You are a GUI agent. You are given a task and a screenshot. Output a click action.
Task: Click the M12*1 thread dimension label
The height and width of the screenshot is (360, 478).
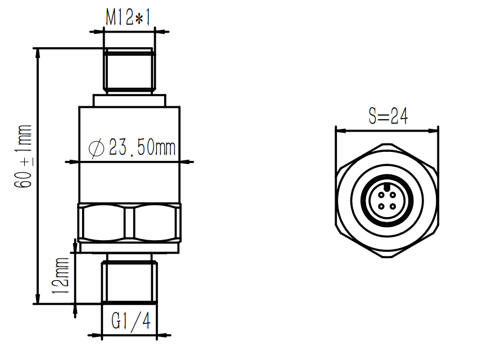(x=129, y=19)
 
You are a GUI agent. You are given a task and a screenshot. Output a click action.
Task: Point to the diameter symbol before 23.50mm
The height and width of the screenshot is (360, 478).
(x=97, y=148)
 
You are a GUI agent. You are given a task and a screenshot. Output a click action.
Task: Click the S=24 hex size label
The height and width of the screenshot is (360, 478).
(x=388, y=116)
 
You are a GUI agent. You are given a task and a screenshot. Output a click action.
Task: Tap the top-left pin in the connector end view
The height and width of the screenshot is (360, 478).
(x=381, y=196)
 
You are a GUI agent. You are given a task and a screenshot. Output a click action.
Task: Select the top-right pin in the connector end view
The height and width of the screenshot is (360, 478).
(x=393, y=196)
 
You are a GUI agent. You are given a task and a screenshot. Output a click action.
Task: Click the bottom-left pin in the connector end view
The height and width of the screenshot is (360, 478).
(x=381, y=207)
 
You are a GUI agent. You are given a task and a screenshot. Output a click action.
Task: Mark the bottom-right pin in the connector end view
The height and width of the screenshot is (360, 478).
(x=393, y=207)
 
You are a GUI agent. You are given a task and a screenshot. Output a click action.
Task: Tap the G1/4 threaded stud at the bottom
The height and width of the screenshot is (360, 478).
(x=129, y=281)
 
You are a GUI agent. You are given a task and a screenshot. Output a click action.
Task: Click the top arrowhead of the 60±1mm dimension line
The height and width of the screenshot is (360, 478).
(x=38, y=52)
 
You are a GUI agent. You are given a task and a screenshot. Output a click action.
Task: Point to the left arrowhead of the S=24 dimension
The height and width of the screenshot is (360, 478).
(x=339, y=131)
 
